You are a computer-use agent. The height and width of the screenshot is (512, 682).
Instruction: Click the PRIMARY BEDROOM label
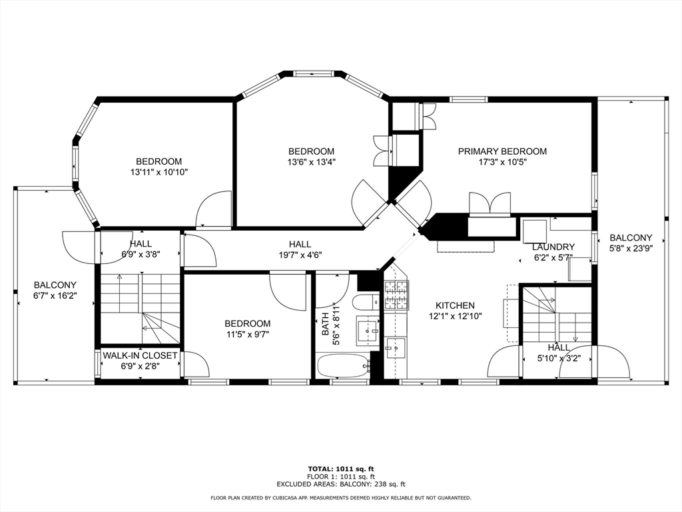502,151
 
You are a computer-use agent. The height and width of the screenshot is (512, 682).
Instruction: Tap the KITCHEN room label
455,305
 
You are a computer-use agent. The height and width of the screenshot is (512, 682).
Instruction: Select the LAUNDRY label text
553,247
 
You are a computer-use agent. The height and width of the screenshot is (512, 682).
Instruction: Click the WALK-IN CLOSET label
140,355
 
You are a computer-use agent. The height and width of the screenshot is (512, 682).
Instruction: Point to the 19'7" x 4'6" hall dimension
300,255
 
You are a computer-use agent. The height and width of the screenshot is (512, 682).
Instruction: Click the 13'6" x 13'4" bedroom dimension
311,162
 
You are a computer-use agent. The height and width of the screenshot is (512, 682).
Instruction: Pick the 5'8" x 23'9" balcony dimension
631,248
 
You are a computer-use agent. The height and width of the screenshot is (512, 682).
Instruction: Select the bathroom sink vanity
367,329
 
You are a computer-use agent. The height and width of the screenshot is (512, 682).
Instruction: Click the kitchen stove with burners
396,297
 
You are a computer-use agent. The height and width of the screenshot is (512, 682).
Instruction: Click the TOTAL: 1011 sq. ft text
340,469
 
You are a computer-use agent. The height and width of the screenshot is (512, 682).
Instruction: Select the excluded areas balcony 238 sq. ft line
340,485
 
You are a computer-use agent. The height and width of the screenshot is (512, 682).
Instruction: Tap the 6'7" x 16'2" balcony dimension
55,295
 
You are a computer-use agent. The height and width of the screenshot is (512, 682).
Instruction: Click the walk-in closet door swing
196,365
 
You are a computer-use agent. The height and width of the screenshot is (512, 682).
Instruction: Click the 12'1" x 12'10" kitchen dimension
455,316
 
